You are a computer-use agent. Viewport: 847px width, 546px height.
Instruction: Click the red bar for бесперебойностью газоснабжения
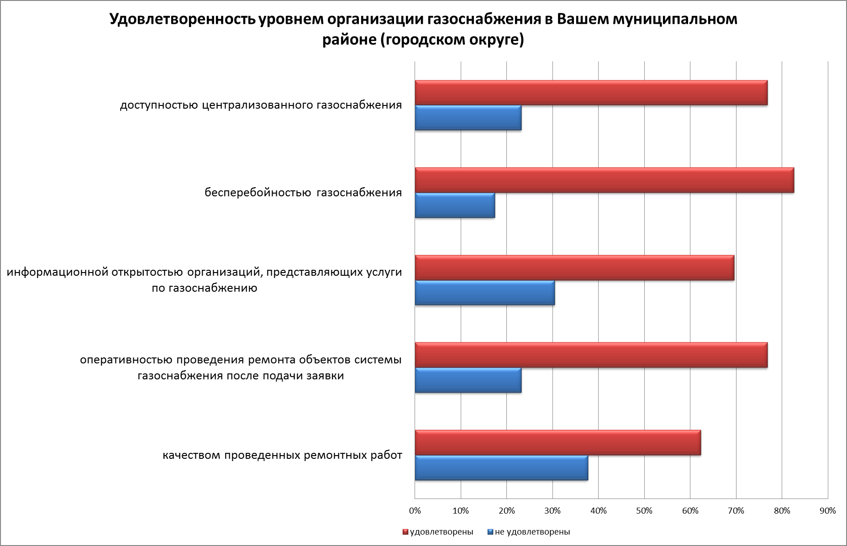pos(604,180)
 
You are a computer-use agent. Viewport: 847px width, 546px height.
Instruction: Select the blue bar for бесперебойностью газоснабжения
pos(455,205)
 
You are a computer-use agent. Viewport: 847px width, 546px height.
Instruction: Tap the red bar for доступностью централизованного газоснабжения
pos(591,93)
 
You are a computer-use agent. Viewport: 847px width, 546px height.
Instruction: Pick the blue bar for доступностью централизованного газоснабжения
pos(468,118)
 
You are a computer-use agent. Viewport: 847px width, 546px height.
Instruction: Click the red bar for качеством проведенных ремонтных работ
pos(558,443)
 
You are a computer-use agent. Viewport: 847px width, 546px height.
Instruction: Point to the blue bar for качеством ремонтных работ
pos(501,468)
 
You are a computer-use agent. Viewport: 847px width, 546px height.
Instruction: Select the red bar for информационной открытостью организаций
pos(574,268)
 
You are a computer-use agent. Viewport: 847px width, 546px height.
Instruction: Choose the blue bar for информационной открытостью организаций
pos(484,293)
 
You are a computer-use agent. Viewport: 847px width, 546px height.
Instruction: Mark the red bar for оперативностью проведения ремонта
pos(591,355)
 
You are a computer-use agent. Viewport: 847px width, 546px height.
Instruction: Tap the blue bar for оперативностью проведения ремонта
pos(468,380)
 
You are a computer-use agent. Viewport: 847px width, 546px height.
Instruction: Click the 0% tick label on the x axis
pos(415,511)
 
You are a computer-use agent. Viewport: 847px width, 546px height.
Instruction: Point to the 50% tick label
pos(644,511)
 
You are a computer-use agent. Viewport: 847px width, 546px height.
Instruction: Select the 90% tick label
pos(827,511)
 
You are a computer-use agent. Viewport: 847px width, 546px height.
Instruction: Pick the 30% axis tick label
pos(552,511)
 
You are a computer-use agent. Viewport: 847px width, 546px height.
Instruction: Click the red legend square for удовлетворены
pos(405,532)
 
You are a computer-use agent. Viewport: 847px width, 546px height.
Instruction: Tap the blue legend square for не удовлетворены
pos(490,532)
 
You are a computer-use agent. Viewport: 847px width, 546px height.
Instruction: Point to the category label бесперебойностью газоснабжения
pos(303,193)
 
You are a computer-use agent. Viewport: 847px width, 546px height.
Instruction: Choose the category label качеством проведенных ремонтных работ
pos(283,455)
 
